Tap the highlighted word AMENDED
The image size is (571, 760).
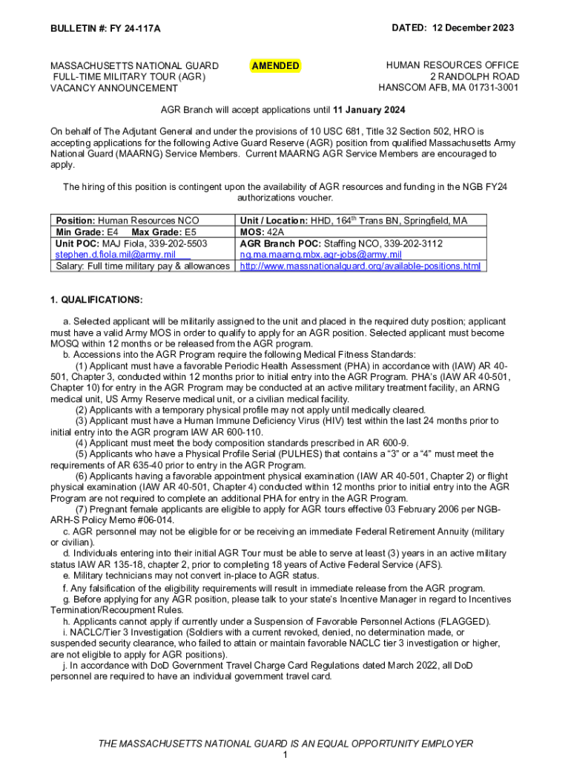pyautogui.click(x=275, y=66)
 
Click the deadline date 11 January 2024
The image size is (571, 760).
pyautogui.click(x=369, y=111)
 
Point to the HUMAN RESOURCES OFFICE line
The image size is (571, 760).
pyautogui.click(x=452, y=65)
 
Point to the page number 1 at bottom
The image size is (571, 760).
pyautogui.click(x=285, y=754)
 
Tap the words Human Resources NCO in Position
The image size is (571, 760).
pyautogui.click(x=148, y=220)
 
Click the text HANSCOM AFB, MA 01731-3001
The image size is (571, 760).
pyautogui.click(x=449, y=88)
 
